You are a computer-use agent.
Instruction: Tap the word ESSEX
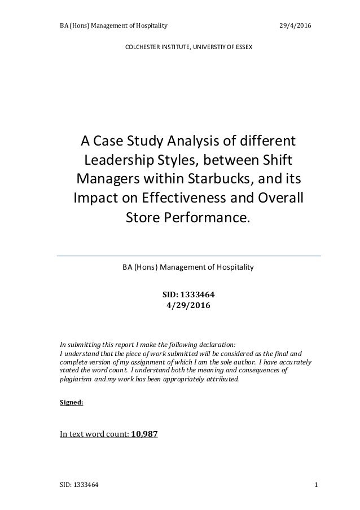243,47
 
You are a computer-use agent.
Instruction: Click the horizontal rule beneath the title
188,256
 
